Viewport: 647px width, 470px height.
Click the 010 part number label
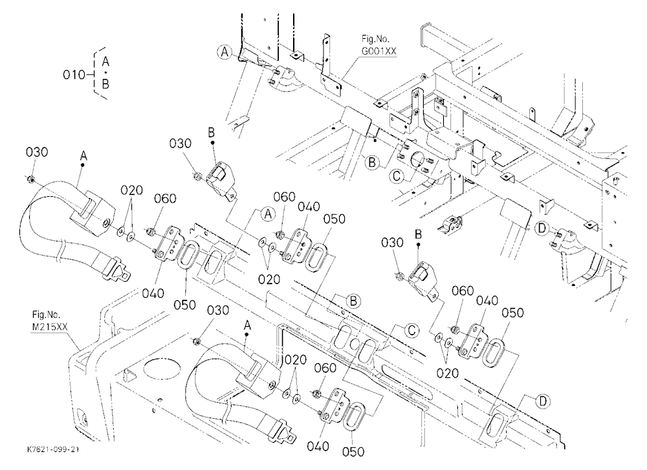click(74, 74)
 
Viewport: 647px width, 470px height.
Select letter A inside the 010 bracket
click(105, 62)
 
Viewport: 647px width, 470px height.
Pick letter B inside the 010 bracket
click(105, 84)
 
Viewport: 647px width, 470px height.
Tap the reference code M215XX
click(50, 327)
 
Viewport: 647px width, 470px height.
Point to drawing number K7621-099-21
click(53, 450)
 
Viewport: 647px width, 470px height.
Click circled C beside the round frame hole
click(397, 176)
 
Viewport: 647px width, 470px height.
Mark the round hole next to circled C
click(417, 160)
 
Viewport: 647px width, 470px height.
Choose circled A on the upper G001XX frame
click(225, 52)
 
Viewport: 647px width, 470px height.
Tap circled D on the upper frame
click(542, 228)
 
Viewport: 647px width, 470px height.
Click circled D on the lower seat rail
click(543, 401)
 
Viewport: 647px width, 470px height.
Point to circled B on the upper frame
click(372, 162)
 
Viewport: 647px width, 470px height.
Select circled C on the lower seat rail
click(411, 330)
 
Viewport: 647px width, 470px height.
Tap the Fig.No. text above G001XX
click(375, 39)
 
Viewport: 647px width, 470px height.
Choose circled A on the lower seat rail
click(269, 214)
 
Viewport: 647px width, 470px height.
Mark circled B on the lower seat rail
click(353, 302)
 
